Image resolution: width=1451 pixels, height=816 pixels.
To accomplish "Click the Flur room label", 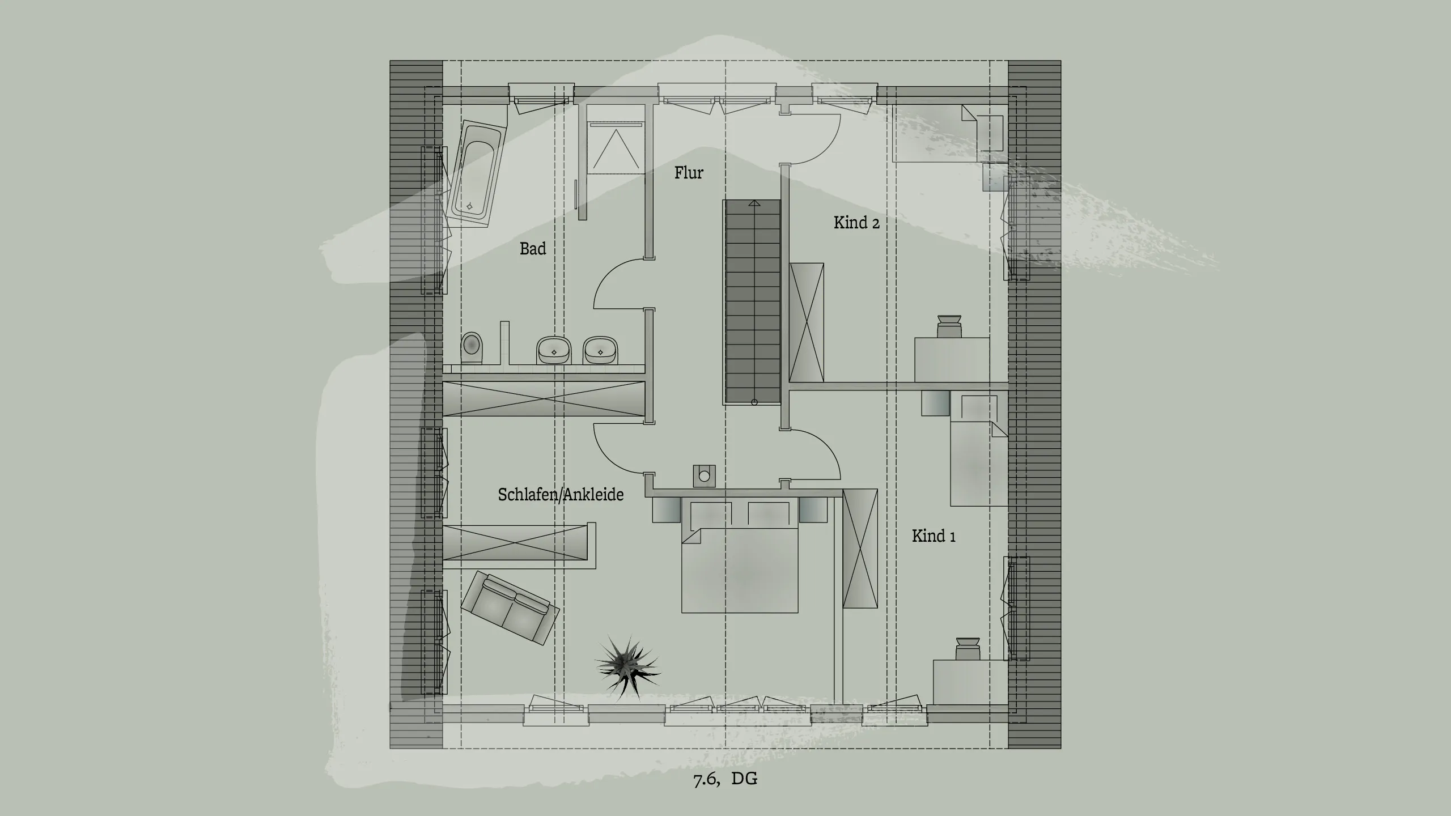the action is point(689,172).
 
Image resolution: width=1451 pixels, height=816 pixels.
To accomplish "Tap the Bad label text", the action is point(533,248).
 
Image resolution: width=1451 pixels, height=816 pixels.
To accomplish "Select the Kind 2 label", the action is point(856,222).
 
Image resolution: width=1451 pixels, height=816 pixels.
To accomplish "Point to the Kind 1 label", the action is point(934,535).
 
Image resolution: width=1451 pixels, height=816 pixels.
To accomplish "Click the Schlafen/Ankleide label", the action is point(561,495).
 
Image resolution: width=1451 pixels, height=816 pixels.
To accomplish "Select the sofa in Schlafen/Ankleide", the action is point(510,607).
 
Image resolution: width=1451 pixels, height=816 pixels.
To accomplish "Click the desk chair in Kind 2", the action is point(948,327).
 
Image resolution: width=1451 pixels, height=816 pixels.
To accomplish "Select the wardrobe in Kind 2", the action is point(807,322).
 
